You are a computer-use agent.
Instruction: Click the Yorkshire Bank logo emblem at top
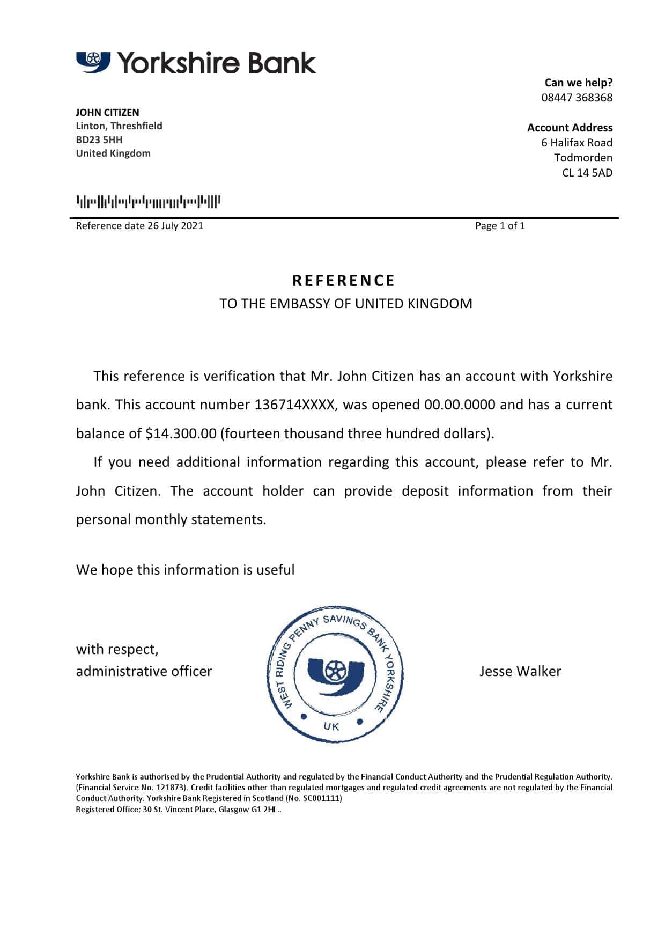[x=93, y=62]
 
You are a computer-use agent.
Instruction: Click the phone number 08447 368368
[x=577, y=98]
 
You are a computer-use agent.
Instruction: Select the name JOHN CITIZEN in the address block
[x=107, y=112]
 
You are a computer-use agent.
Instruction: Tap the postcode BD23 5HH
[x=99, y=139]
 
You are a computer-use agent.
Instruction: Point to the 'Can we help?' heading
[x=578, y=83]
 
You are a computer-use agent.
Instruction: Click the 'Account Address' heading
[x=570, y=128]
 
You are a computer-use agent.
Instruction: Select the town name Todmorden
[x=583, y=158]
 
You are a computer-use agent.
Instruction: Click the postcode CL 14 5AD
[x=587, y=173]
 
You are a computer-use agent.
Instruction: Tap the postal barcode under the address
[x=148, y=202]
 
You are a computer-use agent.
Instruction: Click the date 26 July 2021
[x=175, y=226]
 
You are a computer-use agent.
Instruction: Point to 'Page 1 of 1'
[x=500, y=226]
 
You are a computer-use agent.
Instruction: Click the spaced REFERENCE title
[x=343, y=281]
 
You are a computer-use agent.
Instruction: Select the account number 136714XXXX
[x=295, y=405]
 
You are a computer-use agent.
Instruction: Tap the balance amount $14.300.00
[x=181, y=433]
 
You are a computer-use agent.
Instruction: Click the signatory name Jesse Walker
[x=520, y=671]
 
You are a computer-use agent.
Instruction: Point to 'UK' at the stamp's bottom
[x=331, y=726]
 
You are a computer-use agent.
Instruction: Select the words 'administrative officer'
[x=144, y=671]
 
